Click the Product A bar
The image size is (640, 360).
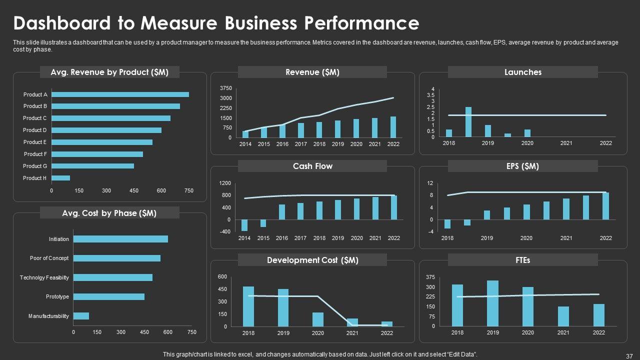[x=120, y=94]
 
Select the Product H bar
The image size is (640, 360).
[x=60, y=178]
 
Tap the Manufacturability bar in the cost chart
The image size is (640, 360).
[x=81, y=316]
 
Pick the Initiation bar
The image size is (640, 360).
[x=120, y=239]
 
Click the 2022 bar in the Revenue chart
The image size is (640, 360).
[x=393, y=127]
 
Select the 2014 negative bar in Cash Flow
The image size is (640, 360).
[x=244, y=225]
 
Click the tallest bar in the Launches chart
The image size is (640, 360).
[x=468, y=121]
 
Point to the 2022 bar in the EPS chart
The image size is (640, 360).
[x=605, y=206]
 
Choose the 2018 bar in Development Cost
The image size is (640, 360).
[x=248, y=306]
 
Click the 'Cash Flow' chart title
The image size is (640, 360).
[x=312, y=166]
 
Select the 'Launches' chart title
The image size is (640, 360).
[x=523, y=72]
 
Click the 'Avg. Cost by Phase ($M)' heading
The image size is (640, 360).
[x=109, y=213]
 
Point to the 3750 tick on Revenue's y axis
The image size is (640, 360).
[x=225, y=88]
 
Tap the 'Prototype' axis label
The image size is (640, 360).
[x=57, y=296]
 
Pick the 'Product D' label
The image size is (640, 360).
[x=35, y=130]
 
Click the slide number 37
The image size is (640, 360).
[x=629, y=356]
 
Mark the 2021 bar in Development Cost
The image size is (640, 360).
[x=352, y=322]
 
